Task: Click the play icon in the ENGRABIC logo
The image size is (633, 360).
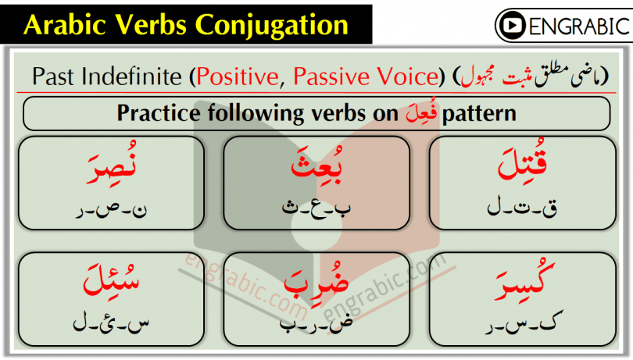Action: [x=514, y=26]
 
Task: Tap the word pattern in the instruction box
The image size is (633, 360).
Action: [x=479, y=113]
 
